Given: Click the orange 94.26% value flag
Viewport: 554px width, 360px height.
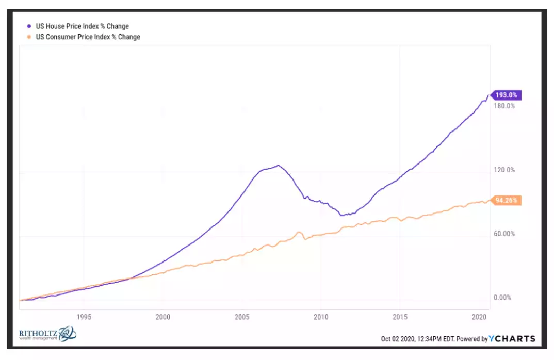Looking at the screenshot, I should point(507,201).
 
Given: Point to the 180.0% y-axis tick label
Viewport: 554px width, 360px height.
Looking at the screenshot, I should point(505,106).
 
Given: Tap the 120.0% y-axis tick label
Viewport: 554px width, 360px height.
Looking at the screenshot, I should point(505,170).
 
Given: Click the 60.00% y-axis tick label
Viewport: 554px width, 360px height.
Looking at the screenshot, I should point(505,234).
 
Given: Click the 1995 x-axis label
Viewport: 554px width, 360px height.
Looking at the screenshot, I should point(84,317).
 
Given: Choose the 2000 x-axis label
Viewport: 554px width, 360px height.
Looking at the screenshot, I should point(162,317).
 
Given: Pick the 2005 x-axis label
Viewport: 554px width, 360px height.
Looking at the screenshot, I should point(241,317).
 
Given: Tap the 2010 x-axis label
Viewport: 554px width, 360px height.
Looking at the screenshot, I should point(320,317).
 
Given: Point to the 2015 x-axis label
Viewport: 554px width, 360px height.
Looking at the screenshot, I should point(399,317).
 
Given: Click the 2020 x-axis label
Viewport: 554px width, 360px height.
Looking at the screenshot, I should point(479,317).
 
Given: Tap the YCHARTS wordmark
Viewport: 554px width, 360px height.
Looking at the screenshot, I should point(512,339).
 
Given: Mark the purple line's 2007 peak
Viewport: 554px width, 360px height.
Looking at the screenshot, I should point(278,165).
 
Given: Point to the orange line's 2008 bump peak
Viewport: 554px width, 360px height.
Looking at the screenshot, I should point(300,232).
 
